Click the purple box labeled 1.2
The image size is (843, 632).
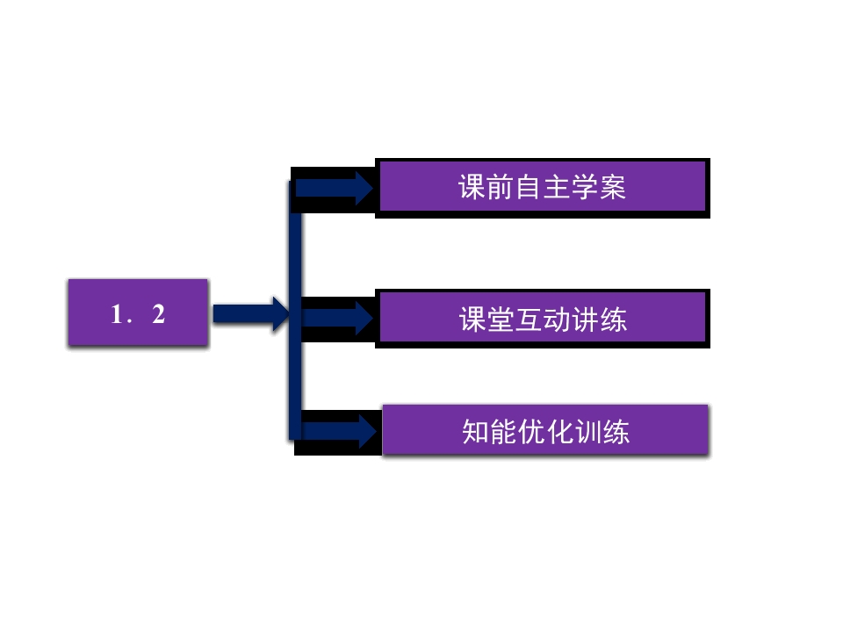click(x=138, y=312)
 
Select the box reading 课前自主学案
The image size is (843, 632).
click(x=542, y=186)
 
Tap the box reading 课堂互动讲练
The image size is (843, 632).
click(x=542, y=318)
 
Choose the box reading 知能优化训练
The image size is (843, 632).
click(x=545, y=430)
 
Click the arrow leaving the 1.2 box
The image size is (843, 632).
click(x=250, y=313)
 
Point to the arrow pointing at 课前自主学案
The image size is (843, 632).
click(x=335, y=188)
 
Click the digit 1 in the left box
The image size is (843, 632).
click(x=116, y=314)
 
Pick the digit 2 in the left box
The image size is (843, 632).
click(x=158, y=314)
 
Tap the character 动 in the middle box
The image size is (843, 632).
click(x=558, y=319)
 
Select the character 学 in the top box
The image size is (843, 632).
click(x=584, y=187)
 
